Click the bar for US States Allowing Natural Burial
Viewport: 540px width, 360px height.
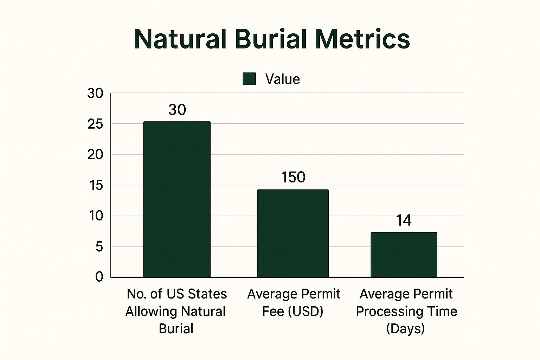point(177,199)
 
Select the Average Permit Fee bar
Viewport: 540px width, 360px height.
point(293,233)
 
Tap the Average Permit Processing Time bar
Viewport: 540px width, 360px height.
point(404,255)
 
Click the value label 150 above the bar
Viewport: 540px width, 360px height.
point(293,177)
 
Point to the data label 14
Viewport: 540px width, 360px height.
point(404,220)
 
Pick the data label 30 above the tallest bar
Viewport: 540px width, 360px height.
point(177,110)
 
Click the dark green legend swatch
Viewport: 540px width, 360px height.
point(249,79)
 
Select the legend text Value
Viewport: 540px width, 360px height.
point(282,79)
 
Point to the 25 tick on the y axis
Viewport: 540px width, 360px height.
point(95,124)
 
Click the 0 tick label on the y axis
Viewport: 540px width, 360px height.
point(99,277)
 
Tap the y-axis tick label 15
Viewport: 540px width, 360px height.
point(96,185)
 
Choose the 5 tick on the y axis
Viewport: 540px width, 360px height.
point(99,247)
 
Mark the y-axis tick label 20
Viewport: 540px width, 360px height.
point(95,155)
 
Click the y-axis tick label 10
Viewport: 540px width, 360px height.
point(96,216)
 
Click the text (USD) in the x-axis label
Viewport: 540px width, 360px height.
point(307,311)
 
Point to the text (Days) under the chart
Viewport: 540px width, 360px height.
point(405,329)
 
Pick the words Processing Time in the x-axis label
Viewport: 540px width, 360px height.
point(406,311)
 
